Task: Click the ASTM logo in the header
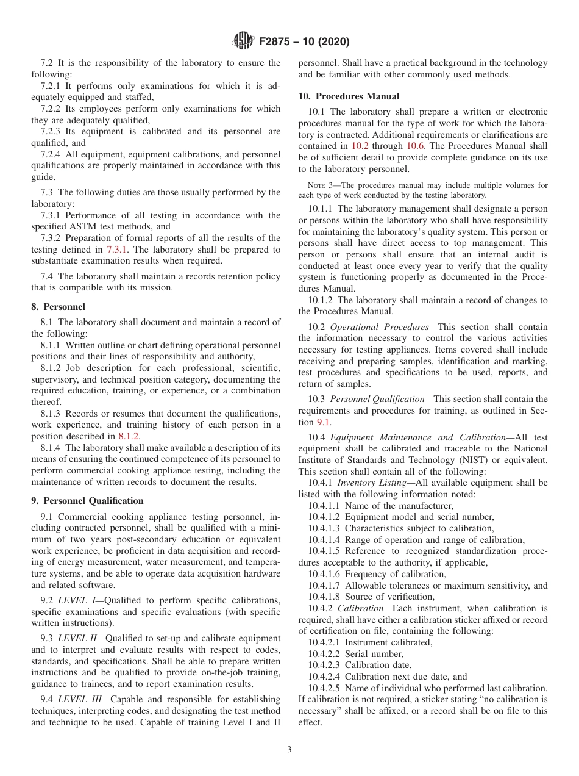click(x=244, y=42)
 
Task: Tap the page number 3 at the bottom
click(x=289, y=750)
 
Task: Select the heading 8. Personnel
click(x=59, y=307)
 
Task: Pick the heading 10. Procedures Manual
click(x=349, y=96)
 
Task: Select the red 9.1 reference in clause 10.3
click(x=323, y=422)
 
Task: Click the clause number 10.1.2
click(x=321, y=300)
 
